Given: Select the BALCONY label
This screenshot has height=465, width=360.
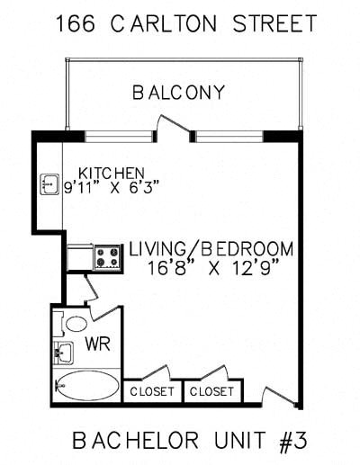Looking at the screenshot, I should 178,93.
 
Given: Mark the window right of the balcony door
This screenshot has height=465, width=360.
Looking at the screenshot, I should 229,137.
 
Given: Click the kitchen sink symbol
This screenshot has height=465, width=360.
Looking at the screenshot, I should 49,185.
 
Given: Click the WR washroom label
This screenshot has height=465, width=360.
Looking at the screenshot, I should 97,344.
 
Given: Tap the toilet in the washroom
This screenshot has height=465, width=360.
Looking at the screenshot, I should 76,323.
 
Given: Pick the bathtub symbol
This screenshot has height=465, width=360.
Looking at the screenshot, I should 86,387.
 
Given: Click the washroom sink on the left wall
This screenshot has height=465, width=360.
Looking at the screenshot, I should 62,351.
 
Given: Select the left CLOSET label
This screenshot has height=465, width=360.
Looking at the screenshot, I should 151,392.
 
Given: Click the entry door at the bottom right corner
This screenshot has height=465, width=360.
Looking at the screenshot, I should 279,392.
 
